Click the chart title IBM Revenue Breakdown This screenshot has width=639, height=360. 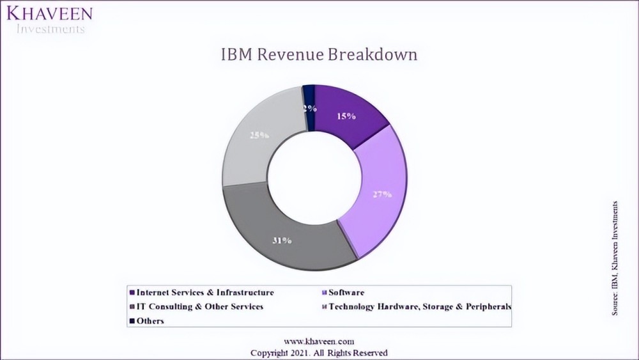click(x=319, y=55)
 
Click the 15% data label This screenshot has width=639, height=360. click(x=346, y=116)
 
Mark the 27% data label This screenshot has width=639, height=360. click(x=381, y=194)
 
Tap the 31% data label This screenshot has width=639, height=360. click(x=281, y=240)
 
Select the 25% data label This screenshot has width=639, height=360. click(x=259, y=136)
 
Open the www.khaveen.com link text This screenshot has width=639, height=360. click(x=318, y=342)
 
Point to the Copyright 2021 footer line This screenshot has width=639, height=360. click(x=318, y=352)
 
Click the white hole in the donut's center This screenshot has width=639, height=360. click(x=314, y=176)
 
